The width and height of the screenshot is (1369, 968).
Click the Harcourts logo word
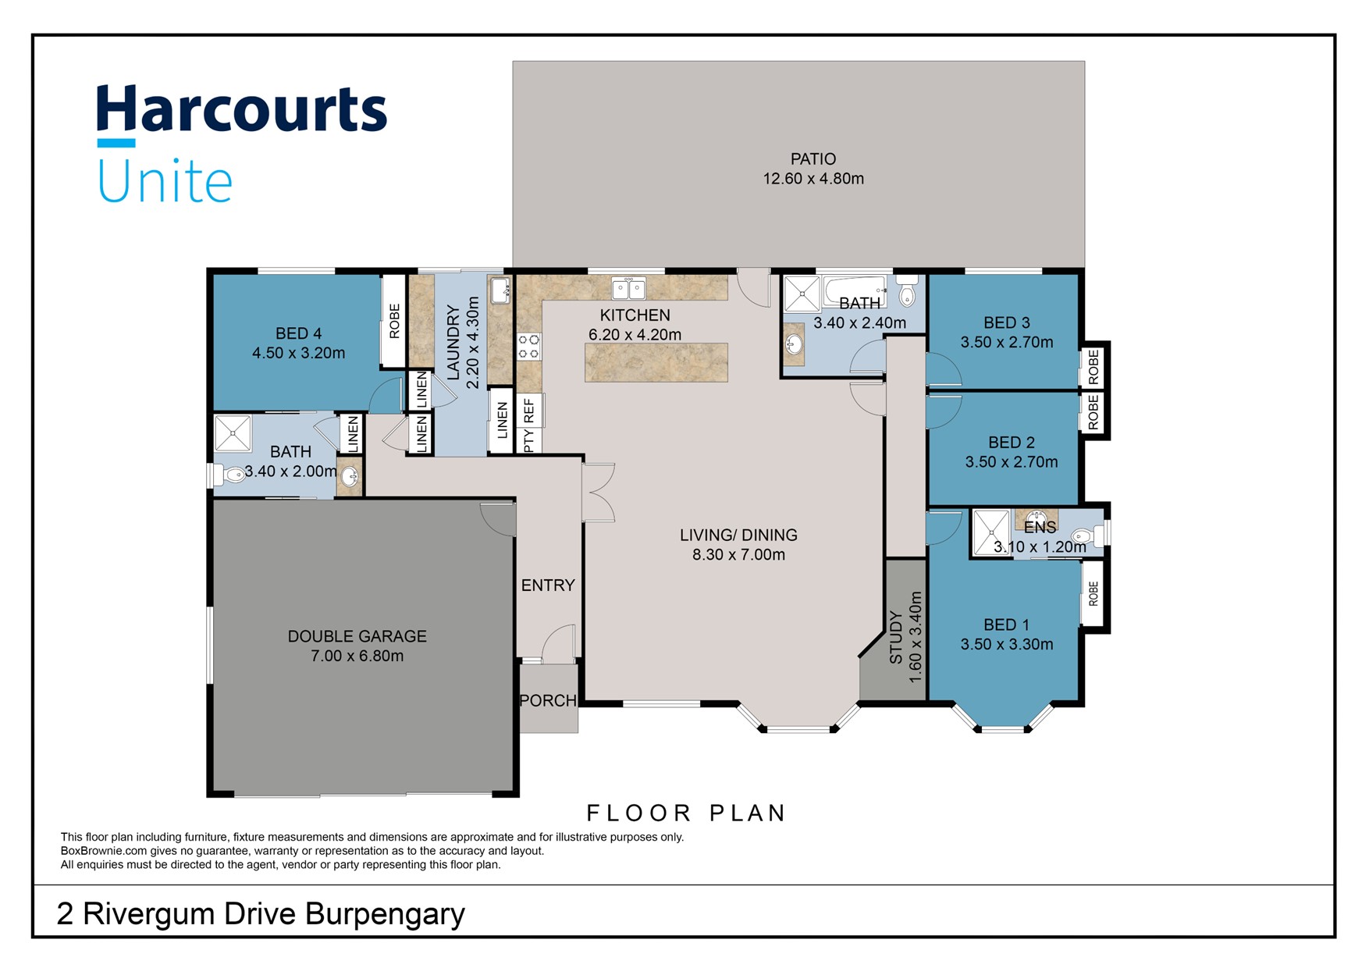coord(241,110)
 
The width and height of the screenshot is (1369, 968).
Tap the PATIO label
coord(813,159)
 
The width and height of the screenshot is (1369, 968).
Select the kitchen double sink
coord(628,289)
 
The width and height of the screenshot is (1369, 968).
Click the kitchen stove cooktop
coord(529,346)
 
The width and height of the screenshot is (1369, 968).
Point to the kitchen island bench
coord(656,362)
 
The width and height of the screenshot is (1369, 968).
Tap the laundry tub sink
coord(500,290)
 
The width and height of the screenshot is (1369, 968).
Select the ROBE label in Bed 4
coord(394,321)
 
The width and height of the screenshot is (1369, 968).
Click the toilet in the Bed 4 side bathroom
coord(227,474)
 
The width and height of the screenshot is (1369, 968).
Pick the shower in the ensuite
coord(990,532)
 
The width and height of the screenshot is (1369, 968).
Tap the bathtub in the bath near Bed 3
coord(854,291)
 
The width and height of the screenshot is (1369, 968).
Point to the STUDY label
coord(896,638)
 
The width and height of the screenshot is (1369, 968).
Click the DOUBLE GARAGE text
coord(357,636)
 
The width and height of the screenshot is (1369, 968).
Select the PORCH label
coord(548,701)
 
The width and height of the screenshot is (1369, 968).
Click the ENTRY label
coord(548,585)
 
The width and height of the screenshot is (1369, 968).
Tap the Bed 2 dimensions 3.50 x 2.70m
coord(1012,462)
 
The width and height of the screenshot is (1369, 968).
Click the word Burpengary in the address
coord(386,914)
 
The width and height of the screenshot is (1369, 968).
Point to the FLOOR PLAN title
coord(686,813)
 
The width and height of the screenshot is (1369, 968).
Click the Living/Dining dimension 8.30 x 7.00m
coord(738,555)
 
